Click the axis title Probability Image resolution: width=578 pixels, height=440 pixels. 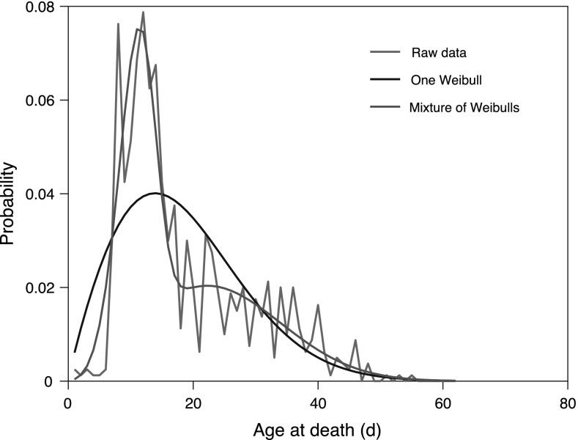[x=10, y=195]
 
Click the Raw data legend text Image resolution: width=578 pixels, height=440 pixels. [x=438, y=53]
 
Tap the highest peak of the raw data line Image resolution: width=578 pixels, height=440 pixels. [x=143, y=12]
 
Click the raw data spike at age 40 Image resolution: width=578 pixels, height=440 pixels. [x=318, y=305]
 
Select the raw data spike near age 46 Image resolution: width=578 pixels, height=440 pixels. [x=355, y=341]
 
